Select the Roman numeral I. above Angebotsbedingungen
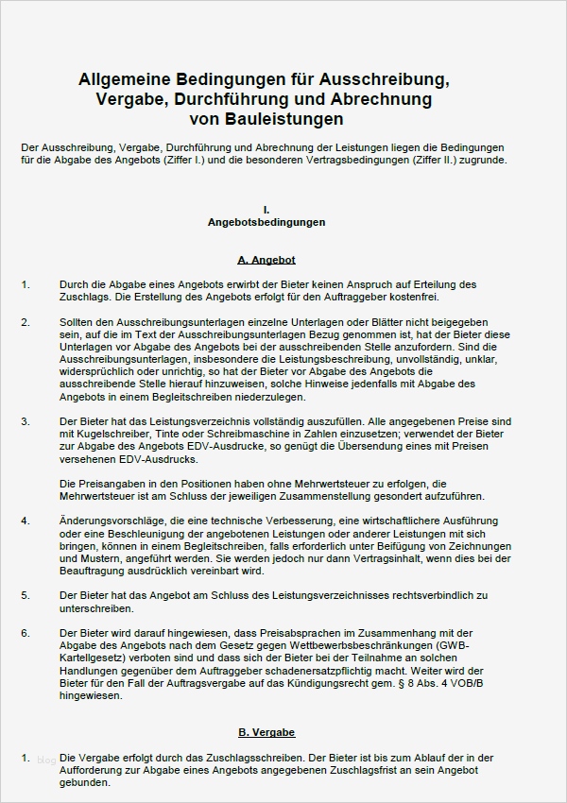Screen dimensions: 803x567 [267, 209]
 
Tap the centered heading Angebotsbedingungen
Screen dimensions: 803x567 [266, 223]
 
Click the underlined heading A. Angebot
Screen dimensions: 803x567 [266, 259]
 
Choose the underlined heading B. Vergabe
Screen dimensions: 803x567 [266, 732]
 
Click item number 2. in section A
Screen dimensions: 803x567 [26, 322]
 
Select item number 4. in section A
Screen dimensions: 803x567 [26, 521]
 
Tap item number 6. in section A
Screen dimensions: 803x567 [26, 632]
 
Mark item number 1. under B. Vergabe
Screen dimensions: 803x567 [26, 758]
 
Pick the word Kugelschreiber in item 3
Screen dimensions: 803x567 [114, 435]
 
